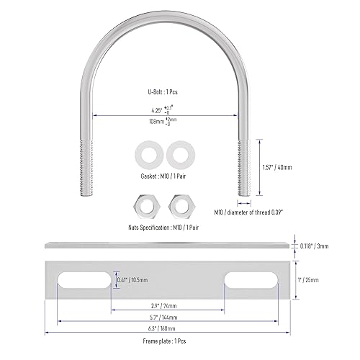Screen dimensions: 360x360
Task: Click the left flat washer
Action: click(152, 155)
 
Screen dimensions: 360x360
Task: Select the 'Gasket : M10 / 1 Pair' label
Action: click(165, 176)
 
